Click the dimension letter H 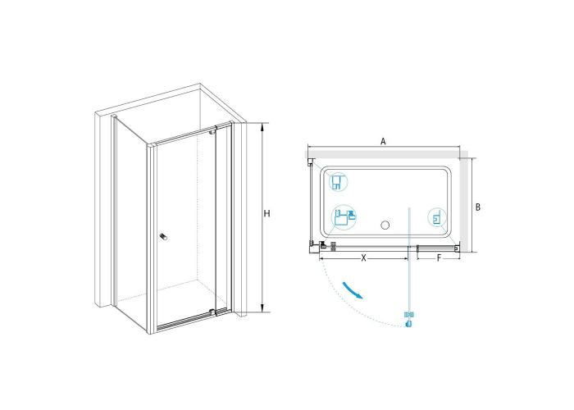tap(266, 213)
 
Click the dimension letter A tap(383, 141)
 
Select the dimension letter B tap(478, 207)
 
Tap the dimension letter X tap(363, 258)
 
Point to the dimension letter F tap(439, 258)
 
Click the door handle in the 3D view tap(163, 237)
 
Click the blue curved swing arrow tap(353, 290)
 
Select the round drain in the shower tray tap(385, 225)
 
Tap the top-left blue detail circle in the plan tap(338, 182)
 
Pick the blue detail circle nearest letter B tap(437, 218)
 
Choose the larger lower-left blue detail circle tap(344, 217)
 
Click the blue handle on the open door tap(409, 324)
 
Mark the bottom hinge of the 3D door tap(212, 312)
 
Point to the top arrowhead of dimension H tap(262, 126)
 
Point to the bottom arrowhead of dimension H tap(262, 308)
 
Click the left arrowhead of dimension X tap(322, 259)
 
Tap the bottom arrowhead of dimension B tap(472, 249)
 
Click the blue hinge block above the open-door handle tap(409, 314)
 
